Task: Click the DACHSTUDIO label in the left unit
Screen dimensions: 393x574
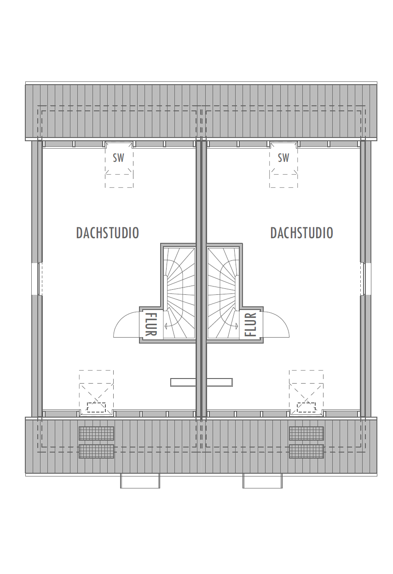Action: tap(107, 233)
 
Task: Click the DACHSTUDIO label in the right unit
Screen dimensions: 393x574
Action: tap(301, 233)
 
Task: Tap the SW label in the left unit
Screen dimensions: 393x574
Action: tap(118, 158)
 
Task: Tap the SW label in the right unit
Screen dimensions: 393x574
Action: tap(283, 158)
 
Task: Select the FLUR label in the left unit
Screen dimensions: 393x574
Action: tap(151, 324)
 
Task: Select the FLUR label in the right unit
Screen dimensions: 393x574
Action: tap(250, 324)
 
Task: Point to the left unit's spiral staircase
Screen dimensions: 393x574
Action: tap(179, 293)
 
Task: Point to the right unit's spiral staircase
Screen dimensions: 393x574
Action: tap(223, 293)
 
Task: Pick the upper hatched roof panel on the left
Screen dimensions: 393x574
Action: tap(96, 433)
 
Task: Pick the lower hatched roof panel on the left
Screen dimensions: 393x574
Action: tap(96, 451)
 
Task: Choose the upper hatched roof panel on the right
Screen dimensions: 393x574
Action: tap(306, 433)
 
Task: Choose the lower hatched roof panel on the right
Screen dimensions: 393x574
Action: tap(306, 451)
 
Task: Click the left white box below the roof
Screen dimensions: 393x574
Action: tap(140, 481)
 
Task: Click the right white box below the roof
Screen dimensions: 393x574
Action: tap(262, 481)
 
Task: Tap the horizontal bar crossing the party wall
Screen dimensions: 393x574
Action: tap(202, 382)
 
